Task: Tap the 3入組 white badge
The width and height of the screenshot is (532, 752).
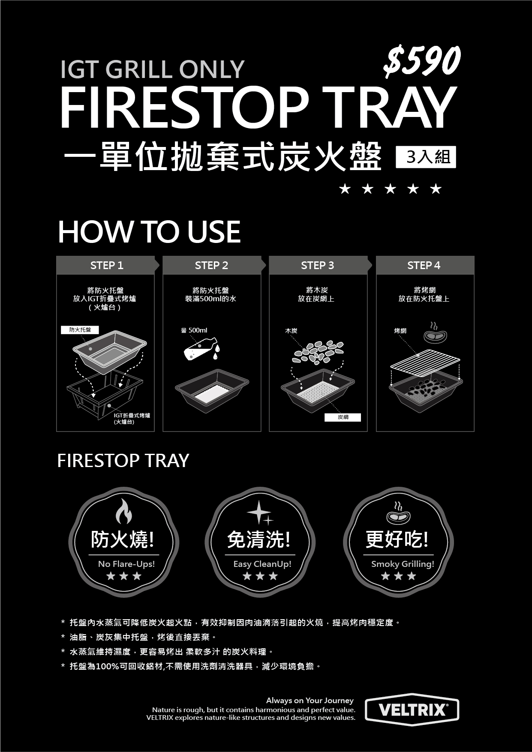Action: click(426, 157)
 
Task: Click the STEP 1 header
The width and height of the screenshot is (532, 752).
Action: click(106, 265)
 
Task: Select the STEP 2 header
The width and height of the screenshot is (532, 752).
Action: click(212, 265)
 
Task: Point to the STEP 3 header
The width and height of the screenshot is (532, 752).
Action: click(318, 265)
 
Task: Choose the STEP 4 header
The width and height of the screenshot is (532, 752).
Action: click(424, 265)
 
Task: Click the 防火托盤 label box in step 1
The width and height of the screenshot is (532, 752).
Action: click(80, 330)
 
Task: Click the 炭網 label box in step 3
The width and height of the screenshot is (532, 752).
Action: click(343, 417)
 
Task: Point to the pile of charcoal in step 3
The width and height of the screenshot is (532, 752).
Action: click(318, 352)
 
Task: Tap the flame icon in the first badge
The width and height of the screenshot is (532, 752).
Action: click(124, 511)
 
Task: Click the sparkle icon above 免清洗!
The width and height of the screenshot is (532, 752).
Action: click(260, 512)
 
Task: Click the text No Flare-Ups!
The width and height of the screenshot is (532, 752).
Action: click(126, 564)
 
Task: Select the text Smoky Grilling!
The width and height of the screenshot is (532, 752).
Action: click(403, 564)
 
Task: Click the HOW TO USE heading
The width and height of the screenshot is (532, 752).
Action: click(149, 232)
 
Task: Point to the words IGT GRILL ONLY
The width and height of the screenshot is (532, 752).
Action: click(153, 69)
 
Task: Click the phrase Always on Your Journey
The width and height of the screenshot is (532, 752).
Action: click(310, 701)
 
